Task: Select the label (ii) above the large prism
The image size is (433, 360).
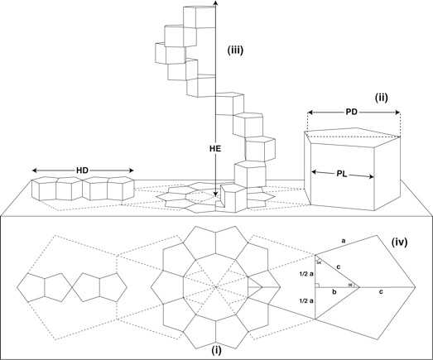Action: coord(382,97)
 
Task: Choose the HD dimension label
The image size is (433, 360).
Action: coord(82,170)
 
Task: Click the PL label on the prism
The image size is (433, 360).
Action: coord(342,174)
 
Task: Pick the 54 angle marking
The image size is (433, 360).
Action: coord(318,262)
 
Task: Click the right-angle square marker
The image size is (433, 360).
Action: coord(317,285)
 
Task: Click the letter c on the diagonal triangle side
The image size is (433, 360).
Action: coord(339,266)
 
